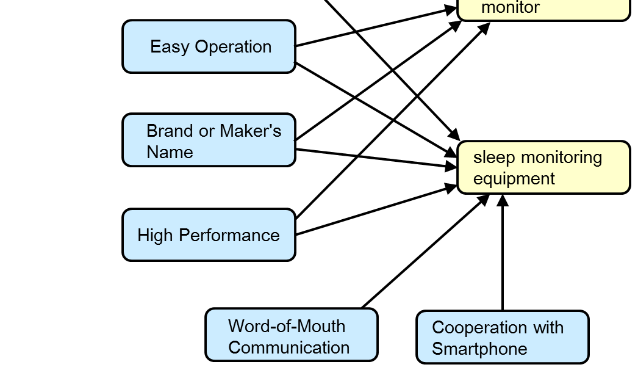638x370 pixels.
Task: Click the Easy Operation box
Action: [209, 47]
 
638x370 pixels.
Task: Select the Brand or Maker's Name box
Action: [209, 140]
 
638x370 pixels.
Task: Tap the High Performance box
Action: [209, 235]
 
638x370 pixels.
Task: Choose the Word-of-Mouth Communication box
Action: [292, 335]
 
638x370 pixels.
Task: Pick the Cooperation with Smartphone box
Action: [503, 338]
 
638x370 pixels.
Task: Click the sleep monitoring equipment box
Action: [543, 168]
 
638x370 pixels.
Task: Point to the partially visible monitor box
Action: [543, 10]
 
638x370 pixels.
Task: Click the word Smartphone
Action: [479, 349]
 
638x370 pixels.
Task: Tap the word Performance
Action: [229, 236]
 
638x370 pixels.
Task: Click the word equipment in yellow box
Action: [514, 179]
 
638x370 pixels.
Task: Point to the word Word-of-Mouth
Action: [287, 326]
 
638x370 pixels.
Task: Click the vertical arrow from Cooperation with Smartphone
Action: [503, 256]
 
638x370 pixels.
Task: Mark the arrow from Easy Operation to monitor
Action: [375, 27]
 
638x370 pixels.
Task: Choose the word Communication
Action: [289, 348]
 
